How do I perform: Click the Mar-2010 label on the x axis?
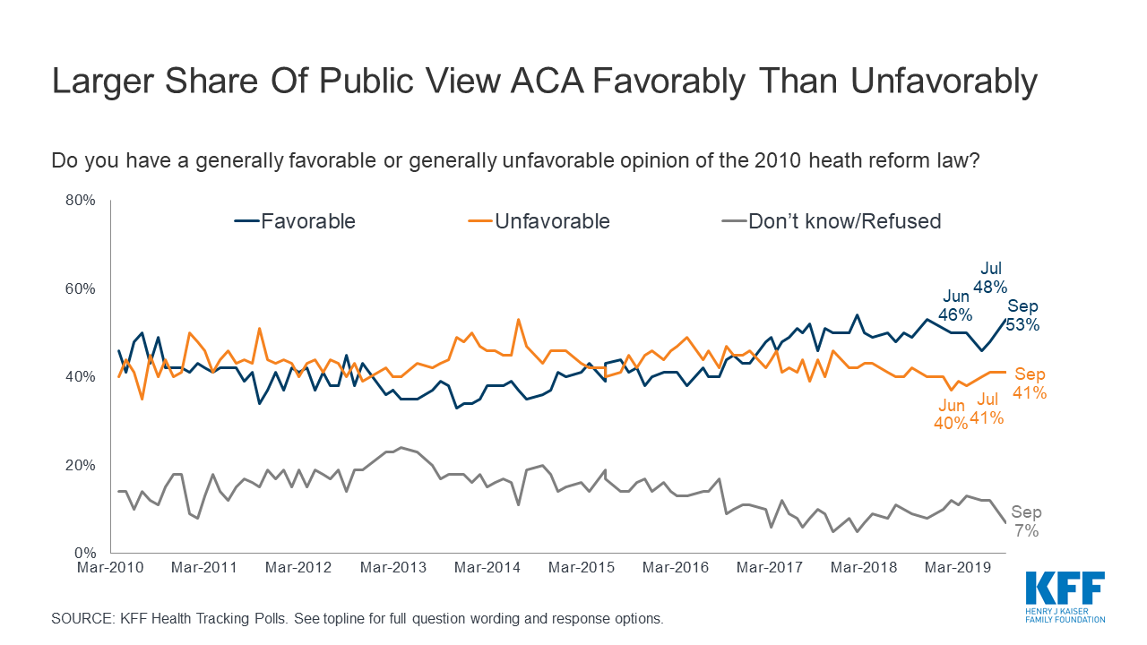tap(111, 568)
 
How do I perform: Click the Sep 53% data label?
tap(1022, 315)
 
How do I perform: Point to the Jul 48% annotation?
tap(991, 278)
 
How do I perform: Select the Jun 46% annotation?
tap(956, 305)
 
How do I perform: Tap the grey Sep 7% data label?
tap(1027, 521)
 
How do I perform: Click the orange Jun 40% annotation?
tap(951, 415)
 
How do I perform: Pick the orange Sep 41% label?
tap(1030, 383)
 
